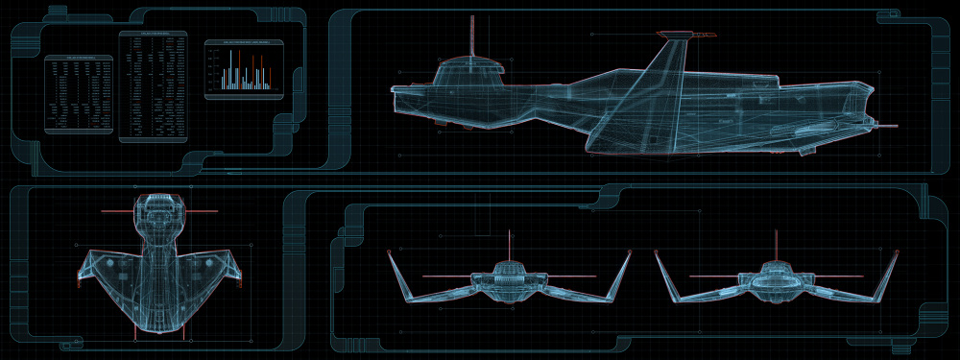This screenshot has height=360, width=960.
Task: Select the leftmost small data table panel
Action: [x=79, y=94]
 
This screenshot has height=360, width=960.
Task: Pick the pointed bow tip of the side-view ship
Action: [x=394, y=89]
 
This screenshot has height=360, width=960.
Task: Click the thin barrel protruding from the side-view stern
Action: [x=887, y=126]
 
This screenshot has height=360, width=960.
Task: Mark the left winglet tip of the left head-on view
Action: [x=390, y=252]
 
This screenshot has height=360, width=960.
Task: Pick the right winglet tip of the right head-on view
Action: [x=896, y=252]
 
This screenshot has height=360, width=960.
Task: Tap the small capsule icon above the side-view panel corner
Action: [x=886, y=15]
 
